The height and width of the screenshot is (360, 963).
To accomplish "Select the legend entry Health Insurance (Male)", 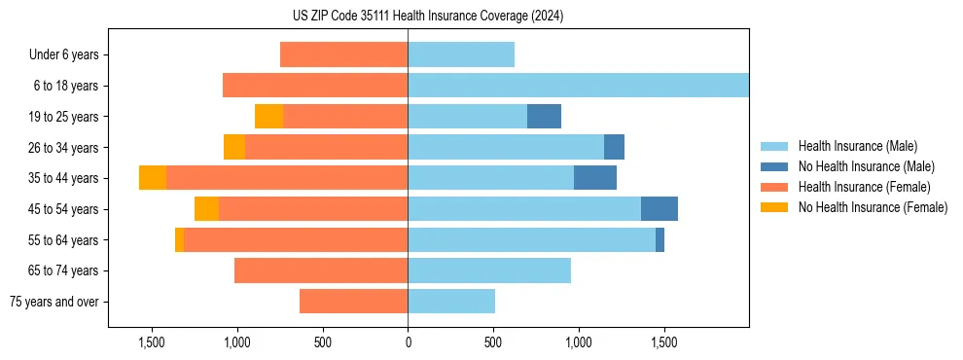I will [x=856, y=146].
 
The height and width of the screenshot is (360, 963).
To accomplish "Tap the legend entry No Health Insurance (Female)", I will [x=873, y=207].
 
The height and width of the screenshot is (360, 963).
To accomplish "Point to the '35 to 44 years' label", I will [x=63, y=178].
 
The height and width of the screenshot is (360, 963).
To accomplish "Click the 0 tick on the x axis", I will [x=408, y=342].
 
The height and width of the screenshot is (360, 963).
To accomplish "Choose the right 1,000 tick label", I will [x=578, y=342].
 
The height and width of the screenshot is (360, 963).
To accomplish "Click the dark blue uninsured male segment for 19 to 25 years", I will [x=544, y=116].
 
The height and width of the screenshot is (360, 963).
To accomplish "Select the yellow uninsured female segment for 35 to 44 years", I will [x=153, y=178].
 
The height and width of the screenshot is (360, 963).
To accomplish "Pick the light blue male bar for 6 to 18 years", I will [x=578, y=86].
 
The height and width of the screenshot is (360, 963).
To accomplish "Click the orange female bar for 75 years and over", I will [x=353, y=302].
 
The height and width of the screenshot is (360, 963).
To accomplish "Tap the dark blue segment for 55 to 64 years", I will [x=660, y=239].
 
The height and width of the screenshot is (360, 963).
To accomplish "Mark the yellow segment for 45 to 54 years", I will [x=206, y=208].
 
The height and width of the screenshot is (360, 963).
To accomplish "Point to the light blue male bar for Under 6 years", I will [x=461, y=54].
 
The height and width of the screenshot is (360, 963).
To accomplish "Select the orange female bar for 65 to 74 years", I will [x=321, y=270].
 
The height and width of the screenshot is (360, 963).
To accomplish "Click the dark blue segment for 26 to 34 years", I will [x=614, y=147].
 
